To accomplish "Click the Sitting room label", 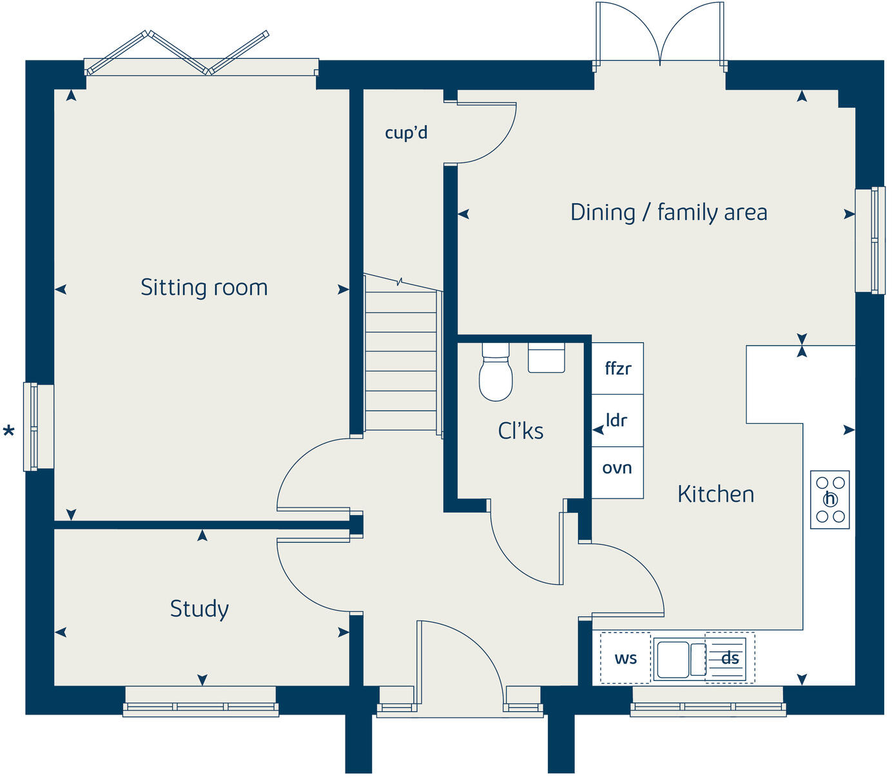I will (x=204, y=287).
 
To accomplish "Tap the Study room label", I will (x=199, y=608).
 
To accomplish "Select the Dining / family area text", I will (x=668, y=212).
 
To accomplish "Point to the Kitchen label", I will (x=715, y=494).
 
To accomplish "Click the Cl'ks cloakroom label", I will (x=520, y=431).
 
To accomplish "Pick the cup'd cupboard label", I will (x=405, y=133).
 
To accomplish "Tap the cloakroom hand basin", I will (x=546, y=358).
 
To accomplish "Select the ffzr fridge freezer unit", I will (x=617, y=368).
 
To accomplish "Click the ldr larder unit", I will (x=617, y=420).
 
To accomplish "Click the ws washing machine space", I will (x=625, y=658).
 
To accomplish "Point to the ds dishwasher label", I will (x=730, y=658).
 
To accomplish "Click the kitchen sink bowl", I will (x=672, y=658).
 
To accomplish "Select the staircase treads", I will (x=402, y=361).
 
